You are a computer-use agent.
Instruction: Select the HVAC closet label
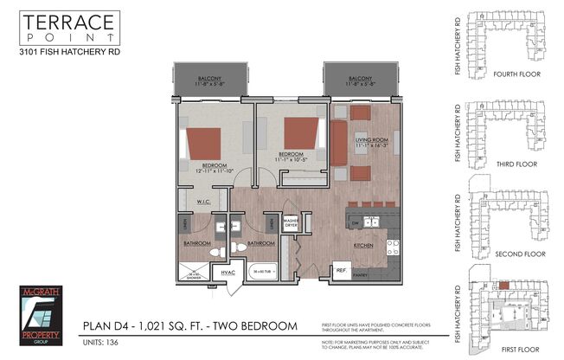tap(228, 273)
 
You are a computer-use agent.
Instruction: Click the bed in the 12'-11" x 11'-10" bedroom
tap(206, 139)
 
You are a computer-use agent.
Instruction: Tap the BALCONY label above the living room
tap(362, 78)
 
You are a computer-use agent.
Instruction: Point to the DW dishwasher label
tap(356, 222)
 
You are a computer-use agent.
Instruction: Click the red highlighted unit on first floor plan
tap(503, 285)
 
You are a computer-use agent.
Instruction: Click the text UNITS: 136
tap(100, 342)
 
